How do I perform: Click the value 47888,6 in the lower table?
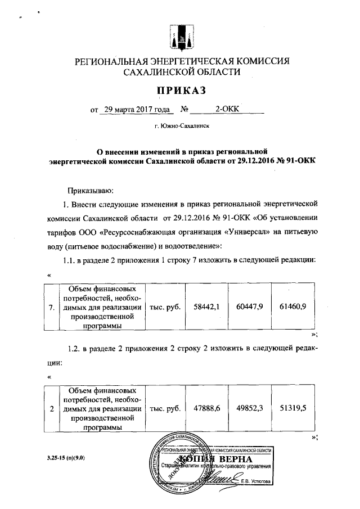[206, 408]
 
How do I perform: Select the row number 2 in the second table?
[52, 409]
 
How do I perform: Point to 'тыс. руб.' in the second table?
[165, 409]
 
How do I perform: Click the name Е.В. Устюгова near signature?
[255, 481]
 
